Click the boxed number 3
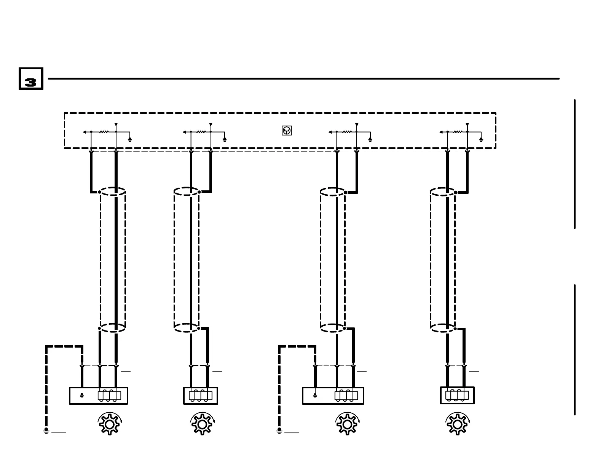(x=31, y=79)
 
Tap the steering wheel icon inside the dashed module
(x=287, y=131)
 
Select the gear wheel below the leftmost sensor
(x=110, y=424)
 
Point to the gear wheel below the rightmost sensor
(x=458, y=424)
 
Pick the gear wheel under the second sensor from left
(x=202, y=424)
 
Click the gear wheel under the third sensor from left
(x=347, y=424)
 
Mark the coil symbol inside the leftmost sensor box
(x=109, y=396)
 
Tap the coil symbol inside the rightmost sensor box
(x=457, y=395)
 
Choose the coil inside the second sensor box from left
(x=201, y=396)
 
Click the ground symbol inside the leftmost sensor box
(x=82, y=396)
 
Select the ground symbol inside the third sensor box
(x=315, y=396)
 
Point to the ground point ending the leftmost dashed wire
(x=46, y=431)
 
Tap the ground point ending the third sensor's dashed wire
(x=279, y=431)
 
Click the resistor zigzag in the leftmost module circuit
(x=104, y=132)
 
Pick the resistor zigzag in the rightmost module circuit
(x=458, y=132)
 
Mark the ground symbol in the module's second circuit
(x=225, y=140)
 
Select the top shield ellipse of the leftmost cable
(x=113, y=192)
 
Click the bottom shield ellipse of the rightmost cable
(x=443, y=328)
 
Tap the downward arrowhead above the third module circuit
(x=357, y=125)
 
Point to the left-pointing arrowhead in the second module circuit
(x=184, y=132)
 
